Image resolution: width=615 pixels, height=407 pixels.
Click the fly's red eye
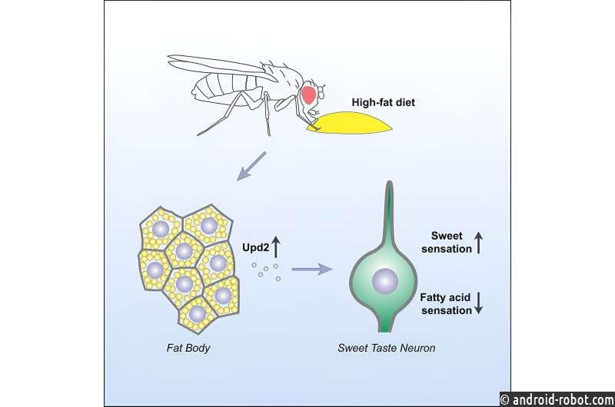[x=309, y=94]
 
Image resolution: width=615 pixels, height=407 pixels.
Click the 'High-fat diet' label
[x=383, y=103]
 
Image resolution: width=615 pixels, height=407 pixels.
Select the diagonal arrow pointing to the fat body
[x=251, y=167]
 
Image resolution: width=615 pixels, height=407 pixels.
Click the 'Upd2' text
[x=255, y=247]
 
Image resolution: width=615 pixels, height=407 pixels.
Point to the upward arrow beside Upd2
[x=276, y=247]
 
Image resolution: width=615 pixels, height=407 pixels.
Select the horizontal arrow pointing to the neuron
[x=312, y=269]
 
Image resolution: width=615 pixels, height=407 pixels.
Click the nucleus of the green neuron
[x=385, y=281]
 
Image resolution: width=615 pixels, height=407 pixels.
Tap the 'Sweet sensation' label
[x=447, y=242]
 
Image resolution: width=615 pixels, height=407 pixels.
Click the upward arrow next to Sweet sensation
[x=478, y=243]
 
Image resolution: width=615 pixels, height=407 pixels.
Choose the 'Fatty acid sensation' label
[x=446, y=304]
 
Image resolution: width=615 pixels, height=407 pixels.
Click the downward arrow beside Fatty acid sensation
[x=478, y=303]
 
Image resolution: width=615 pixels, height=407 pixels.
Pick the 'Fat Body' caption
[x=188, y=348]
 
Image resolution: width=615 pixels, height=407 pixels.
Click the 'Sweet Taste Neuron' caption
[x=387, y=348]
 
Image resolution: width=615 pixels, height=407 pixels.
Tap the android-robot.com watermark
[x=557, y=399]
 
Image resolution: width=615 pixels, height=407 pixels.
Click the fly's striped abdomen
[x=224, y=89]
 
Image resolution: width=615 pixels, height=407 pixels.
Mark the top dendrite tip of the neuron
[x=389, y=182]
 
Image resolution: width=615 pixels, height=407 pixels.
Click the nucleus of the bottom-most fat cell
[x=198, y=314]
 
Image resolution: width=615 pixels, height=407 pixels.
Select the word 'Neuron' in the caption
[x=418, y=348]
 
